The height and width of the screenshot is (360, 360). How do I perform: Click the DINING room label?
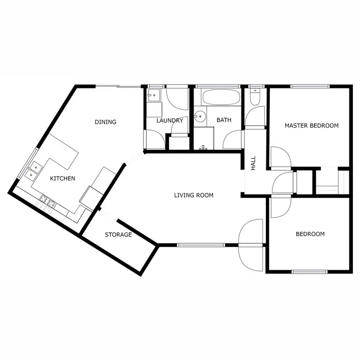pyautogui.click(x=105, y=122)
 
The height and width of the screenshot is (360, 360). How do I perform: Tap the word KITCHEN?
pyautogui.click(x=63, y=179)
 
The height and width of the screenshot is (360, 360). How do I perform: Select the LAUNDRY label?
pyautogui.click(x=170, y=120)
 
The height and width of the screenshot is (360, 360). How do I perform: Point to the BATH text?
pyautogui.click(x=224, y=120)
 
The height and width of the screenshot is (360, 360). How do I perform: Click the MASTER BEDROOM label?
pyautogui.click(x=312, y=126)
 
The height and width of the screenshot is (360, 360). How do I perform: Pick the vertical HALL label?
pyautogui.click(x=253, y=163)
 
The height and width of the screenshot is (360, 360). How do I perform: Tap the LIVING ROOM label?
pyautogui.click(x=193, y=195)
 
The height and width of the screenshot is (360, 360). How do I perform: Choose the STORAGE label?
pyautogui.click(x=118, y=235)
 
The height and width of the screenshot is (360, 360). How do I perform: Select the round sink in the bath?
pyautogui.click(x=200, y=117)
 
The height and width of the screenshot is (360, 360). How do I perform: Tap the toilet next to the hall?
pyautogui.click(x=255, y=97)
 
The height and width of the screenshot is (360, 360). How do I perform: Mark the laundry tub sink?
pyautogui.click(x=153, y=95)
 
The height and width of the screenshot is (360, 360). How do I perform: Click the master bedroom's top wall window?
pyautogui.click(x=310, y=86)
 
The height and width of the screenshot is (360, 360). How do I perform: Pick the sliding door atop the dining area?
pyautogui.click(x=118, y=86)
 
